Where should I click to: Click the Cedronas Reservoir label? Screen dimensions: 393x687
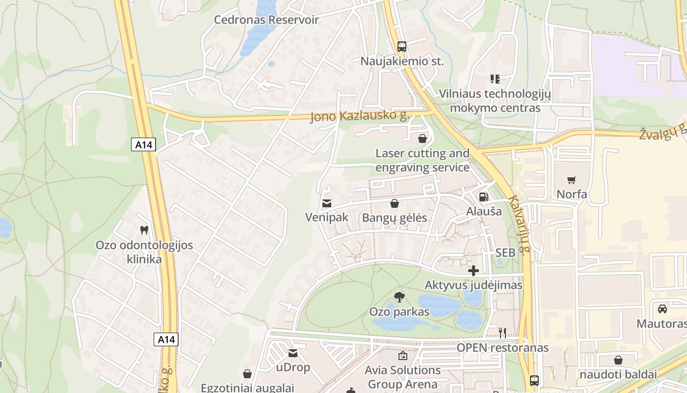266,20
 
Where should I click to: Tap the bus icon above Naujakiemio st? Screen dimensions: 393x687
402,47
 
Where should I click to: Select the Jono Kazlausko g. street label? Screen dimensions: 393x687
360,116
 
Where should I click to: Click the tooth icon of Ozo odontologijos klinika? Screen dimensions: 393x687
144,230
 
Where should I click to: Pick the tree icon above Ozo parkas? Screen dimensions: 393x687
399,297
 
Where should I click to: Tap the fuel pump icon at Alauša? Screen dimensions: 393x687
483,197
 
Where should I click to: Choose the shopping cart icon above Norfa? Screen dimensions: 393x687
571,180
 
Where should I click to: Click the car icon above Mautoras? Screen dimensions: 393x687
662,309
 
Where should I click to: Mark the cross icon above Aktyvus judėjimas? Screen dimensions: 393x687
474,270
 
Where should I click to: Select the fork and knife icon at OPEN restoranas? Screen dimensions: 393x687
502,333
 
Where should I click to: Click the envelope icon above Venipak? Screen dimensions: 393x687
326,203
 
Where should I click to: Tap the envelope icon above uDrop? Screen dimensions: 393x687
293,353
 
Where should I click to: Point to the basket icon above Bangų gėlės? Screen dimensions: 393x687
395,203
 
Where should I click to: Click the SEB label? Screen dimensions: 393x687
505,253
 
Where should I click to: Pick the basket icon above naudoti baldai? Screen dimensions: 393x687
618,360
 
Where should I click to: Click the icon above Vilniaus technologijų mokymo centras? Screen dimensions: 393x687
495,79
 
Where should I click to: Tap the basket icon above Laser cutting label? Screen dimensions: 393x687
422,139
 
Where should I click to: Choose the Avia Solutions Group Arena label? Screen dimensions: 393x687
403,377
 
